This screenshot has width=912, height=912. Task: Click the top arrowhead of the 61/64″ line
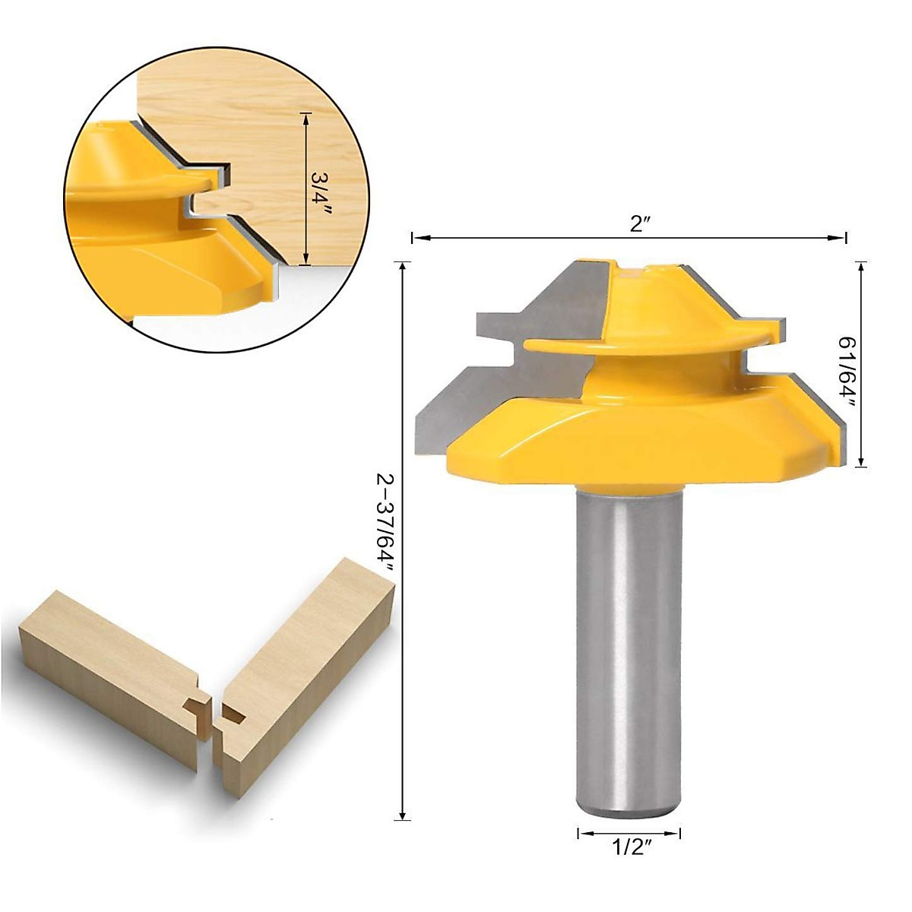click(861, 267)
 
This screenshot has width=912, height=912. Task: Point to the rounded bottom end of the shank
click(629, 809)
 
